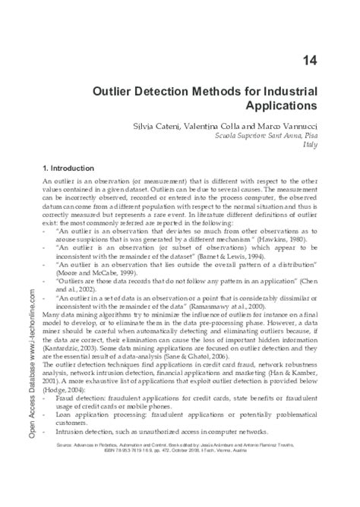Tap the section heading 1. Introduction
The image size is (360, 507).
coord(69,167)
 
